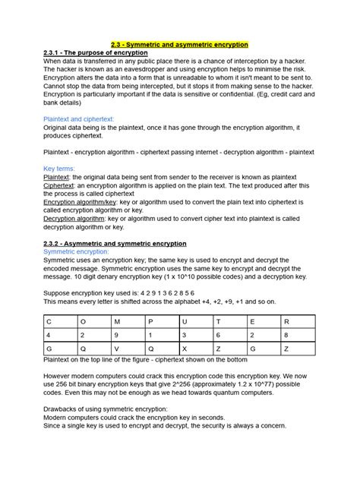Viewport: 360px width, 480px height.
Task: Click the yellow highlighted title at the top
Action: click(180, 45)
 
